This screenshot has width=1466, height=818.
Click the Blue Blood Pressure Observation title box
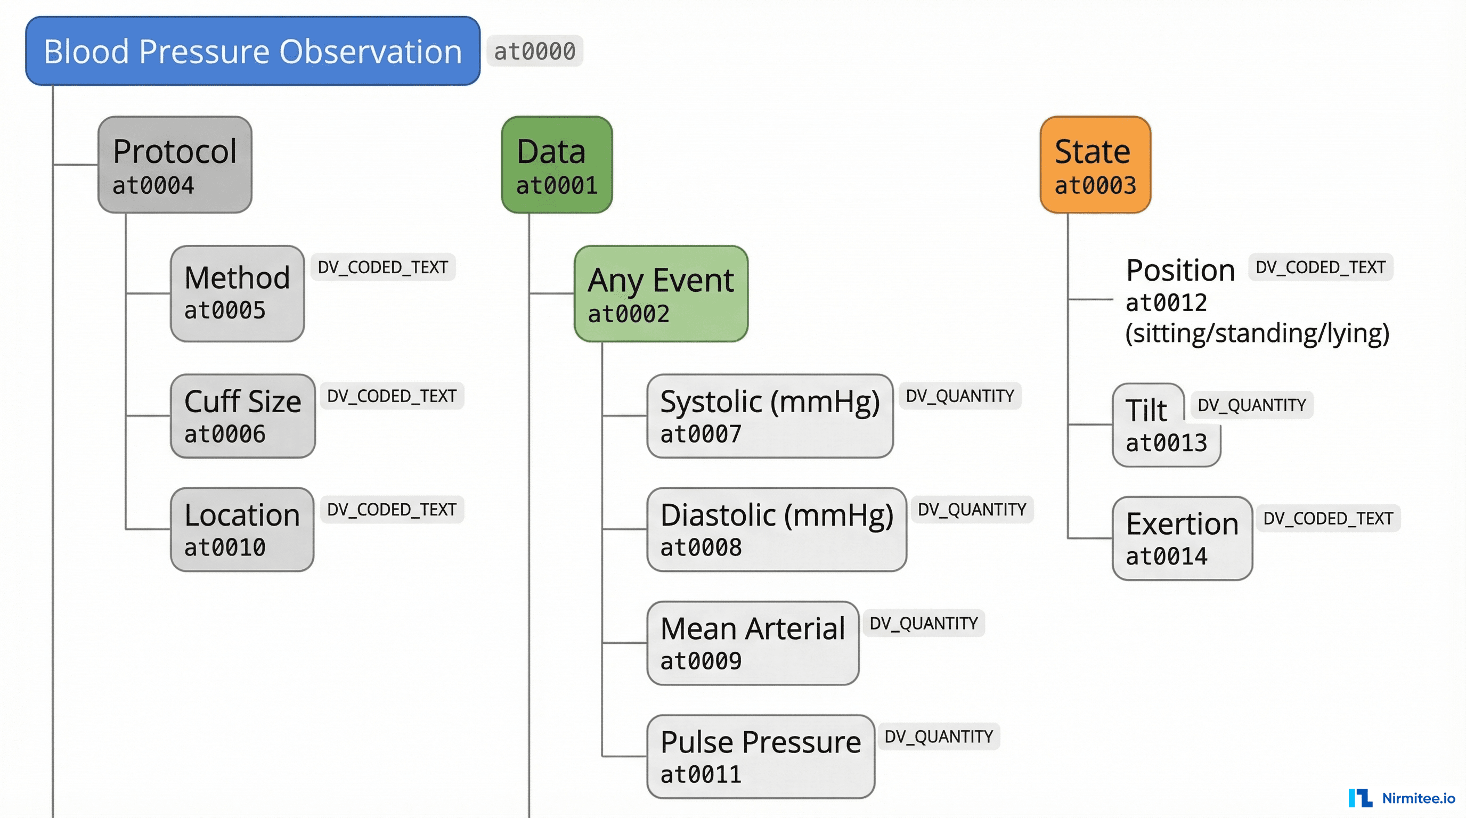click(253, 51)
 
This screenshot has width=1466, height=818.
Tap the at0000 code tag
click(534, 51)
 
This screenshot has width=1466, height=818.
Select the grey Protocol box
click(175, 165)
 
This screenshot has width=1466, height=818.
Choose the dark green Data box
click(557, 165)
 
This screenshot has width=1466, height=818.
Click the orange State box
click(1095, 165)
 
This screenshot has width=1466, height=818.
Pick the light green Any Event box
click(661, 294)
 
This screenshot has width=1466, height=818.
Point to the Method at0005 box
click(237, 294)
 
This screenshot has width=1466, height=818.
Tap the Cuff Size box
click(242, 416)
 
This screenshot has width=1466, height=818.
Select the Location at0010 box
click(242, 529)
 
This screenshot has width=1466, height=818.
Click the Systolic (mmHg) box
click(769, 416)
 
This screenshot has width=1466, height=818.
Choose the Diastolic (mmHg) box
click(776, 529)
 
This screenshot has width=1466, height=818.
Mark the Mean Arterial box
click(752, 643)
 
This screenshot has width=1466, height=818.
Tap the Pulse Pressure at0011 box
click(760, 757)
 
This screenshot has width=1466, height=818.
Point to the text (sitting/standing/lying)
click(1257, 333)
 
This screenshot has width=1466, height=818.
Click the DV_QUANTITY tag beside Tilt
click(1251, 405)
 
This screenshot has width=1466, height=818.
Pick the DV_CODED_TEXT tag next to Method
click(382, 267)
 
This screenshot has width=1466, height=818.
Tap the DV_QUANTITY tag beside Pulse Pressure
click(939, 737)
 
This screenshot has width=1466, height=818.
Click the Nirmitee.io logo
click(1401, 798)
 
